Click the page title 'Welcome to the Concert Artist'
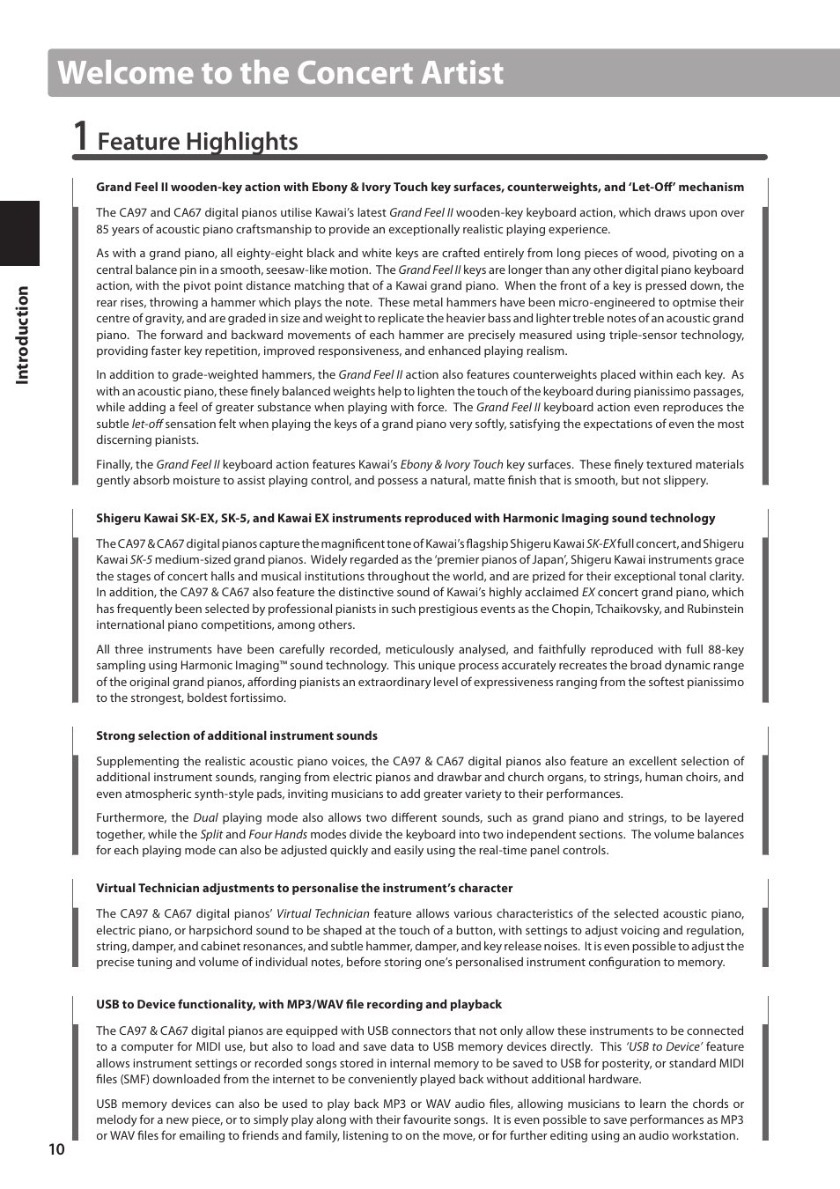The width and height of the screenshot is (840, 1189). click(x=281, y=72)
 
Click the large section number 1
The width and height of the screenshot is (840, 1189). click(x=81, y=137)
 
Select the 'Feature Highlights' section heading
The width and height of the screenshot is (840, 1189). click(x=197, y=142)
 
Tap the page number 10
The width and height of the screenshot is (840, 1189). click(x=56, y=1149)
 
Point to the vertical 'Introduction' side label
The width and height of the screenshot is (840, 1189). click(x=22, y=335)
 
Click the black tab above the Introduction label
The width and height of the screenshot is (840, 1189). click(x=19, y=233)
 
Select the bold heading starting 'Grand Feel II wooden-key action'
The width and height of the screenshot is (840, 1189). click(x=419, y=188)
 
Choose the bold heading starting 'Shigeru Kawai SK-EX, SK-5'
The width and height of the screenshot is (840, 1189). click(x=405, y=519)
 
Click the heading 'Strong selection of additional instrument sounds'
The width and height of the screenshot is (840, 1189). click(x=236, y=736)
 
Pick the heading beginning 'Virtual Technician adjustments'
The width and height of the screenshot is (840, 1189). click(x=304, y=889)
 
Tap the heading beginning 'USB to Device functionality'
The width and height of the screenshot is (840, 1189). click(x=298, y=1005)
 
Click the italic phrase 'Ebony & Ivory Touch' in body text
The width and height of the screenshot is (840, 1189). click(x=452, y=465)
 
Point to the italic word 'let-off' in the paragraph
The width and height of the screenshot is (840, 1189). click(x=147, y=425)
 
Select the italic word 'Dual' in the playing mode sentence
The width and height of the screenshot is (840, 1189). click(x=205, y=818)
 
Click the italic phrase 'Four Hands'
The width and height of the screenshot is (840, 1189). click(x=277, y=835)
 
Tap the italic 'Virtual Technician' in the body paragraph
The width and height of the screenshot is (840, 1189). click(x=322, y=914)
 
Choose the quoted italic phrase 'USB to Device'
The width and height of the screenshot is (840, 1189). click(x=664, y=1047)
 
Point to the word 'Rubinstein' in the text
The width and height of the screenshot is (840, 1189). click(x=714, y=609)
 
